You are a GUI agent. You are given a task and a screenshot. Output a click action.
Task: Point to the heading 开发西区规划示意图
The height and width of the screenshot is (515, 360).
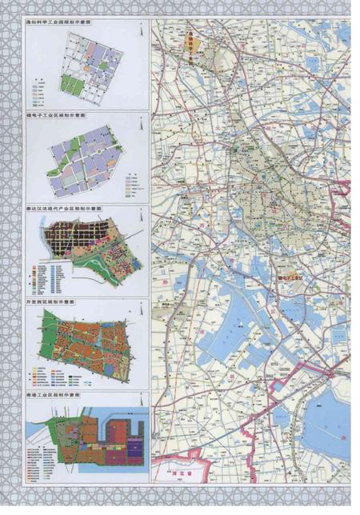point(54,303)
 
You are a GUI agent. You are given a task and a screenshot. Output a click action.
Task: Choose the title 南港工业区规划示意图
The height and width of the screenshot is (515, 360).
point(56,395)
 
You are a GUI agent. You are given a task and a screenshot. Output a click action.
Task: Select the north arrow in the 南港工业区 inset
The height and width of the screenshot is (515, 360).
point(138,405)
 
